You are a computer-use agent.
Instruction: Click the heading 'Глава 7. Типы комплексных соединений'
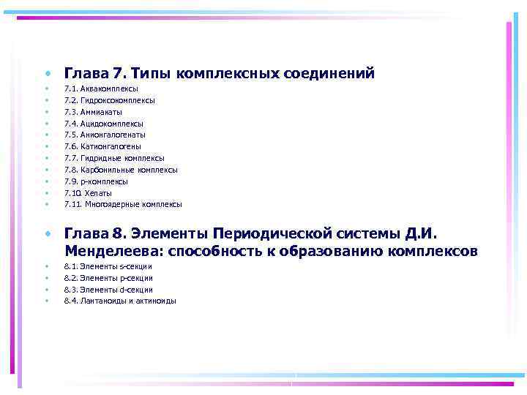point(220,74)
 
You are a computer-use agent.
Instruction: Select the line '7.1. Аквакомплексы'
point(101,89)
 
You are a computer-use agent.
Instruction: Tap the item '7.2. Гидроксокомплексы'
point(109,100)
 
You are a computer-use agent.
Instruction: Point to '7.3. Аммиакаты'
point(93,112)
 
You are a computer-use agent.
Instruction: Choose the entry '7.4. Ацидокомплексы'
point(103,124)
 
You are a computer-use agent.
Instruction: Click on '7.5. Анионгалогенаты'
point(105,135)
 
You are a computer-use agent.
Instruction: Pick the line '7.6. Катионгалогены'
point(102,146)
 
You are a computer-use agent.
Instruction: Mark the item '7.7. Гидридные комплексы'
point(114,158)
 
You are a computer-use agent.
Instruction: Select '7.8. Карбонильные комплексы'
point(121,170)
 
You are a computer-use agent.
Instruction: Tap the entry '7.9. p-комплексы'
point(96,181)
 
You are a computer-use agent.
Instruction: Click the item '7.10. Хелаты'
point(88,193)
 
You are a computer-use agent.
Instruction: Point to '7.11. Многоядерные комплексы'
point(123,205)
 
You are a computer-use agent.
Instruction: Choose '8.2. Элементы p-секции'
point(108,278)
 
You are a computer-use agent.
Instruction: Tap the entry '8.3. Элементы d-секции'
point(108,290)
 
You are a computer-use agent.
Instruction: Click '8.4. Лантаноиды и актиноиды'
point(120,301)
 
